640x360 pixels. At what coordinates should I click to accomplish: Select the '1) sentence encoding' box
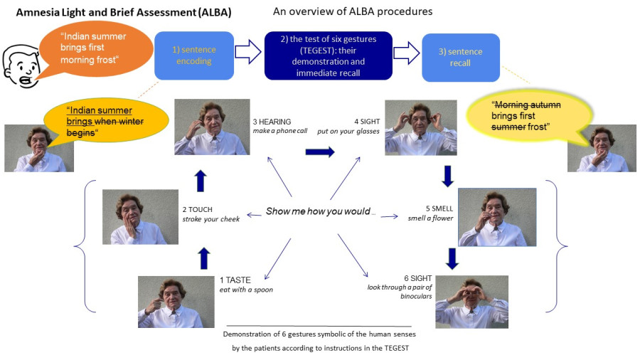click(194, 55)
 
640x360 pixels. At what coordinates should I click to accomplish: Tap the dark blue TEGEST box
click(328, 55)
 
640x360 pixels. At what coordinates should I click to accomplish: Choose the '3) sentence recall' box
click(460, 58)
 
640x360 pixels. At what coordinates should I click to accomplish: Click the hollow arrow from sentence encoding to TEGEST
click(249, 53)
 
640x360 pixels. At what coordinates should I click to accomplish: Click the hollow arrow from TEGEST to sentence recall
click(407, 53)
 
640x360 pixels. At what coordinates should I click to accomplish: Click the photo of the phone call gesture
click(212, 126)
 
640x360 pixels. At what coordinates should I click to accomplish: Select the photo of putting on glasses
click(420, 127)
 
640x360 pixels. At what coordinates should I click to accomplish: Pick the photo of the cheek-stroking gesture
click(139, 216)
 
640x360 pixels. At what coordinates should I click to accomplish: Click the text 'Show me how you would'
click(319, 211)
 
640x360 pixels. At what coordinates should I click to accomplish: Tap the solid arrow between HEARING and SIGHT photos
click(320, 152)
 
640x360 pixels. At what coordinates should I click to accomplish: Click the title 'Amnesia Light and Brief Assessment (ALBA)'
click(123, 13)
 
